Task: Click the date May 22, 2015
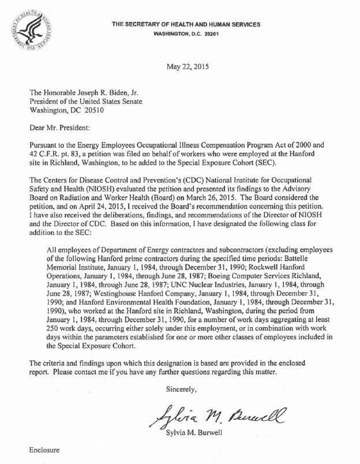(x=187, y=66)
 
